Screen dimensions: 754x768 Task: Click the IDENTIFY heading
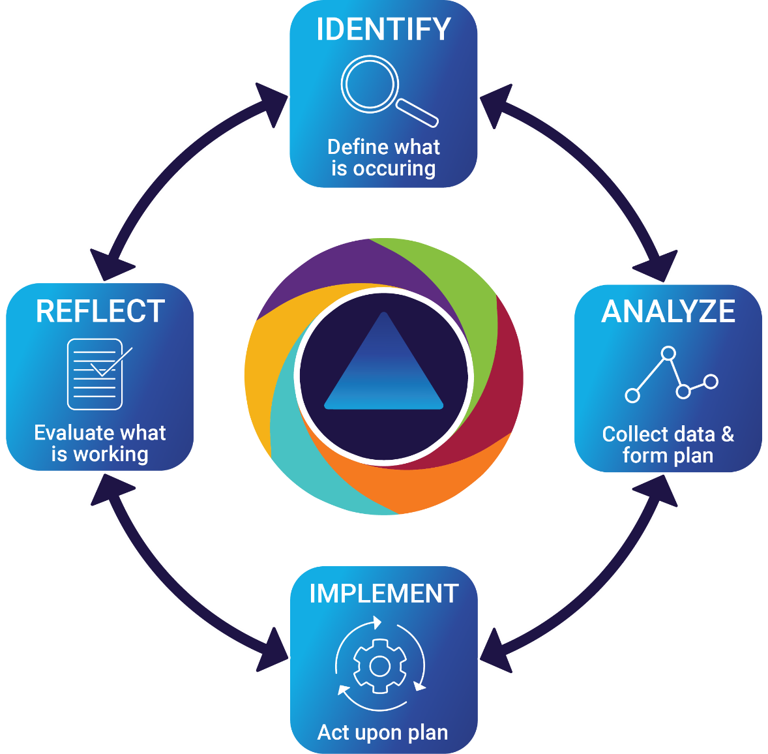383,30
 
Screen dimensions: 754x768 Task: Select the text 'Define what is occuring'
383,157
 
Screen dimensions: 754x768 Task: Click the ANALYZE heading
668,312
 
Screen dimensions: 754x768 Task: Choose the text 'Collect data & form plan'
668,444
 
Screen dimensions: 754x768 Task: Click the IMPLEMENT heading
383,594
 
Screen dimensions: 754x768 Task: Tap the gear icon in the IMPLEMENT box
380,666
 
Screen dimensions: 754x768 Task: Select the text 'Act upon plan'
383,732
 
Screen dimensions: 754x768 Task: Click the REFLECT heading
100,312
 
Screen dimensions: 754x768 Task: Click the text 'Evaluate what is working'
100,443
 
